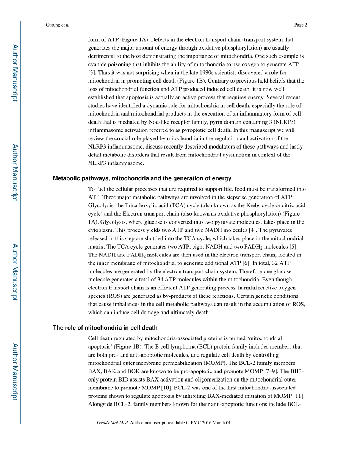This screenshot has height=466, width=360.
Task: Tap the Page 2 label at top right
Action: click(300, 25)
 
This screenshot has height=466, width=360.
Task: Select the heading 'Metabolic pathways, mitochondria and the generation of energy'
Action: click(142, 178)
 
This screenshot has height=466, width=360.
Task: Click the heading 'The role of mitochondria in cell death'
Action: click(105, 328)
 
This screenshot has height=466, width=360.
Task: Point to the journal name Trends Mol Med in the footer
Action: click(112, 423)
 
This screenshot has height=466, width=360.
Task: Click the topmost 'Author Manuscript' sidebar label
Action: click(15, 73)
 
